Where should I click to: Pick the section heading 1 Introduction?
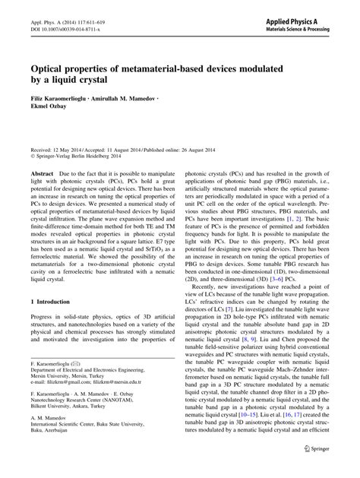click(51, 301)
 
